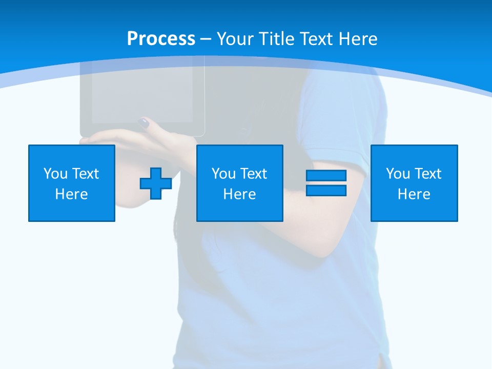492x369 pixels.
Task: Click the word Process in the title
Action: (161, 39)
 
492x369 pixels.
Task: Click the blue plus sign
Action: (156, 183)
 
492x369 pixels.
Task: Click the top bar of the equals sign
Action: (326, 176)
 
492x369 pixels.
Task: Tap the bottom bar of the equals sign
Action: (326, 190)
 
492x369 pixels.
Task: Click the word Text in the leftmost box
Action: (85, 174)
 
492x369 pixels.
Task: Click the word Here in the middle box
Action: (239, 194)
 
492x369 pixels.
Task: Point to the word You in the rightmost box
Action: (398, 174)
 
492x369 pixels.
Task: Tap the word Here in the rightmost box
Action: (414, 194)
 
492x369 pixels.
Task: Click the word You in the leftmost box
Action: (55, 174)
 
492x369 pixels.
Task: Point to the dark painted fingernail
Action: (144, 122)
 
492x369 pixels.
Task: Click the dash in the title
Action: (206, 39)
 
